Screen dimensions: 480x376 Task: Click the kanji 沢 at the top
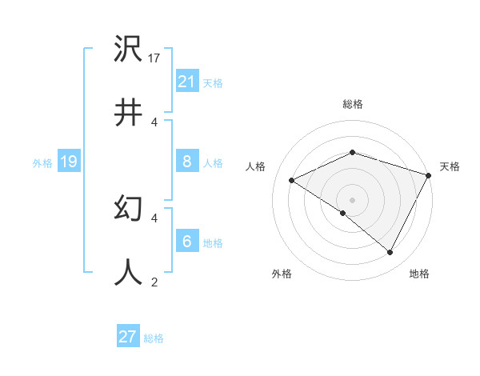click(x=128, y=50)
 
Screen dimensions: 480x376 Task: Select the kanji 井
click(x=128, y=113)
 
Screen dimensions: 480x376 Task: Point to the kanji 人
click(x=128, y=271)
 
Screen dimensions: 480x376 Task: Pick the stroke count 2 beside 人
click(x=154, y=281)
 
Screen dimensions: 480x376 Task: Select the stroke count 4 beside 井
click(x=154, y=122)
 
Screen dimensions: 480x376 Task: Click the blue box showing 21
click(x=186, y=82)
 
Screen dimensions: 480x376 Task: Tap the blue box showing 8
click(x=186, y=162)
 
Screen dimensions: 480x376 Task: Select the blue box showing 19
click(x=68, y=162)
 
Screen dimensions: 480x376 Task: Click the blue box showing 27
click(x=128, y=337)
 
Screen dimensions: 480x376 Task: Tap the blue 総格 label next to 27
click(x=154, y=338)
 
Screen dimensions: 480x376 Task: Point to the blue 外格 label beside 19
click(x=42, y=163)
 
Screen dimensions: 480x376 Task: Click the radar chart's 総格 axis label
click(x=352, y=104)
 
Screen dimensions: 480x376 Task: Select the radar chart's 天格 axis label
click(x=450, y=166)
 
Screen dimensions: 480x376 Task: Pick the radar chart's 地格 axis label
click(x=419, y=274)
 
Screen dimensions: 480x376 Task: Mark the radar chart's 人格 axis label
click(x=255, y=166)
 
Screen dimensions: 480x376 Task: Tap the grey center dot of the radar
click(x=352, y=199)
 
